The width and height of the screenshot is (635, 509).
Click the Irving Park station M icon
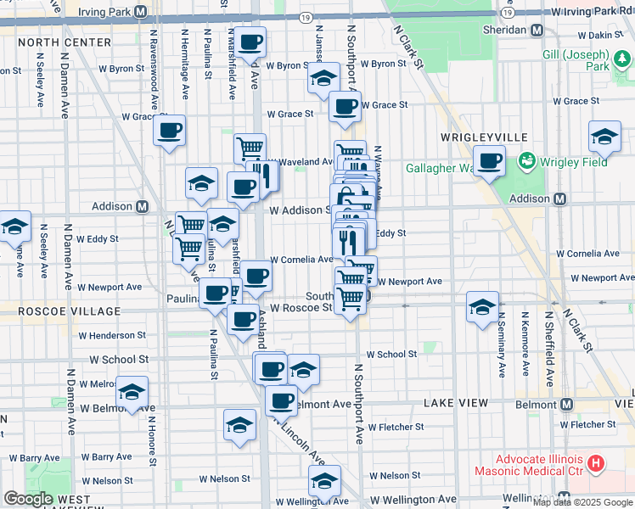click(141, 12)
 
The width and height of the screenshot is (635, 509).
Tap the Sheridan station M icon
click(537, 30)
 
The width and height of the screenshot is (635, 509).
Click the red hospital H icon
click(596, 463)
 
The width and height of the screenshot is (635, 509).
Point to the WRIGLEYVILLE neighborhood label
click(484, 137)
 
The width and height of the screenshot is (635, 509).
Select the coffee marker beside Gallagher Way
click(488, 160)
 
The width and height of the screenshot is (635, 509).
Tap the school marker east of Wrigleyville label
click(604, 135)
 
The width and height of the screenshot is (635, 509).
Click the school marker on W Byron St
click(323, 78)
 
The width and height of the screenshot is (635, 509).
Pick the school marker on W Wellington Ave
click(324, 480)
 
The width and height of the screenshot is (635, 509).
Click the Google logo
click(28, 499)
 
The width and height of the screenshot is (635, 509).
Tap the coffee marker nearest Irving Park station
click(250, 42)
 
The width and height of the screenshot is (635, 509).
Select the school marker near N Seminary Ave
click(482, 306)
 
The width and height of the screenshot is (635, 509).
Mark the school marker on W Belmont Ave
click(132, 391)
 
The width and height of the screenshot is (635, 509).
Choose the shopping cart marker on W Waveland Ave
click(250, 148)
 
